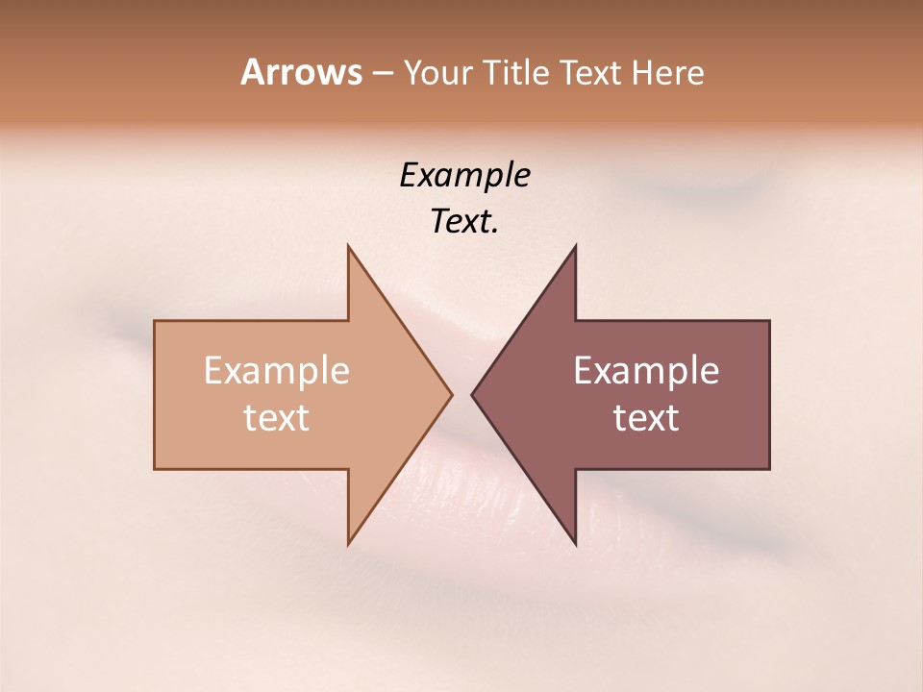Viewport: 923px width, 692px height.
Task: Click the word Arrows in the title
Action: tap(301, 72)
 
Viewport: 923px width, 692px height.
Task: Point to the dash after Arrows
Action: tap(382, 74)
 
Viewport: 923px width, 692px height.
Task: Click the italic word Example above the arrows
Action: tap(464, 176)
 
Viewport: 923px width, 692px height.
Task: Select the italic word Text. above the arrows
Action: tap(464, 222)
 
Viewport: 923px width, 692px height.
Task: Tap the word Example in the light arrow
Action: tap(277, 371)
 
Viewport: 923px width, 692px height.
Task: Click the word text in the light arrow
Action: tap(277, 418)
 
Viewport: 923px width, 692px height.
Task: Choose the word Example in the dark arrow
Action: tap(646, 371)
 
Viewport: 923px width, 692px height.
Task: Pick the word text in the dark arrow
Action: tap(646, 418)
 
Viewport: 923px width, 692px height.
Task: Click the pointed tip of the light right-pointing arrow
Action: tap(452, 394)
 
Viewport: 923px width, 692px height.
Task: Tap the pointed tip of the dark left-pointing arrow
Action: tap(472, 394)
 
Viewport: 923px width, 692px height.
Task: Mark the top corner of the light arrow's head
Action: tap(348, 246)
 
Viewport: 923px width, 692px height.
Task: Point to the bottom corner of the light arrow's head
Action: tap(348, 544)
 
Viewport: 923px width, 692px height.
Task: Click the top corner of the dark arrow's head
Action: tap(575, 246)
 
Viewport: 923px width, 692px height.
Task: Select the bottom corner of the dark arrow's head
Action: tap(575, 544)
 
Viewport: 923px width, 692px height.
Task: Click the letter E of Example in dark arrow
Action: tap(584, 370)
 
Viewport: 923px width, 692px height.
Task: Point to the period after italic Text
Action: tap(494, 232)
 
